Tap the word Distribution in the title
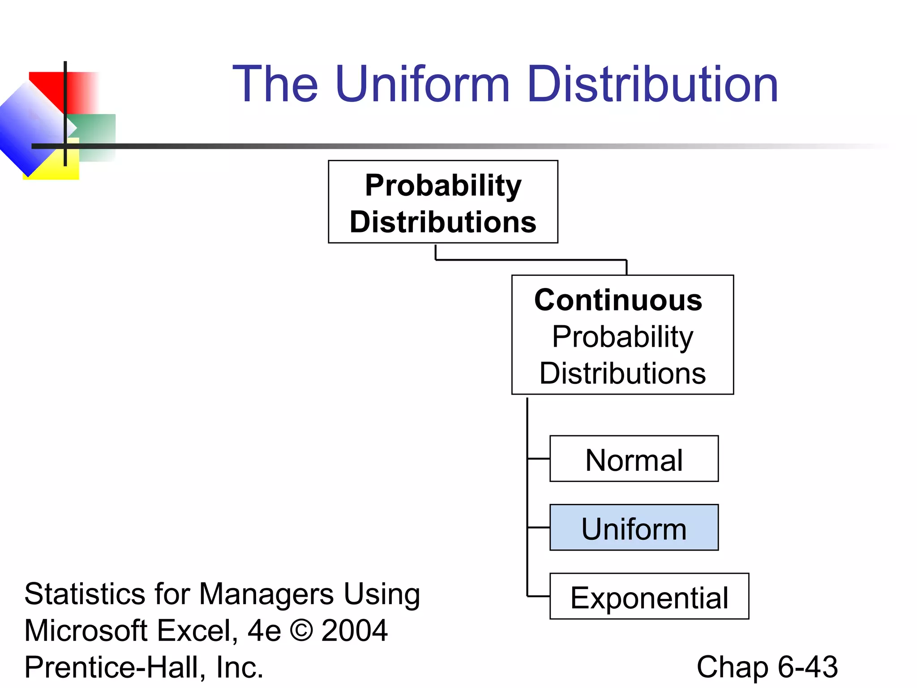tap(653, 84)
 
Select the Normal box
tap(634, 459)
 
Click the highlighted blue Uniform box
tap(634, 528)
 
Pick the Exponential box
tap(649, 597)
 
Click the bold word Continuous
tap(618, 300)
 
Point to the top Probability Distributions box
tap(443, 202)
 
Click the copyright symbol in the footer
tap(301, 631)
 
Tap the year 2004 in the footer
tap(354, 631)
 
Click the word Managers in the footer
tap(266, 594)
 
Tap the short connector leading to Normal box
tap(539, 459)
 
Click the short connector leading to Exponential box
tap(539, 596)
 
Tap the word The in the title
tap(275, 84)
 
